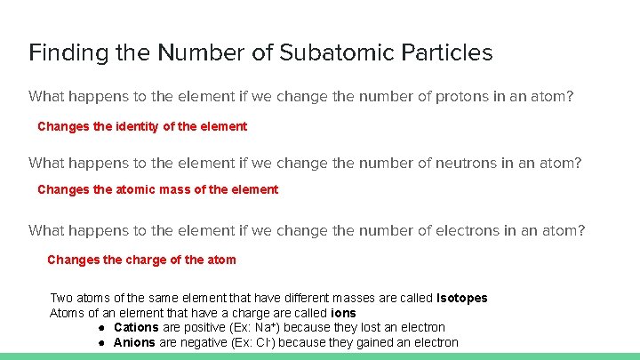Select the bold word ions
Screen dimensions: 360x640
pos(343,313)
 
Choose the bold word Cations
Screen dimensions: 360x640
pos(136,327)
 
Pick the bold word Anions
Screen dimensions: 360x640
pos(134,342)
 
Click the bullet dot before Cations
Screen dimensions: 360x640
pos(103,327)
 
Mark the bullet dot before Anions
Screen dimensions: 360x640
pos(103,342)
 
